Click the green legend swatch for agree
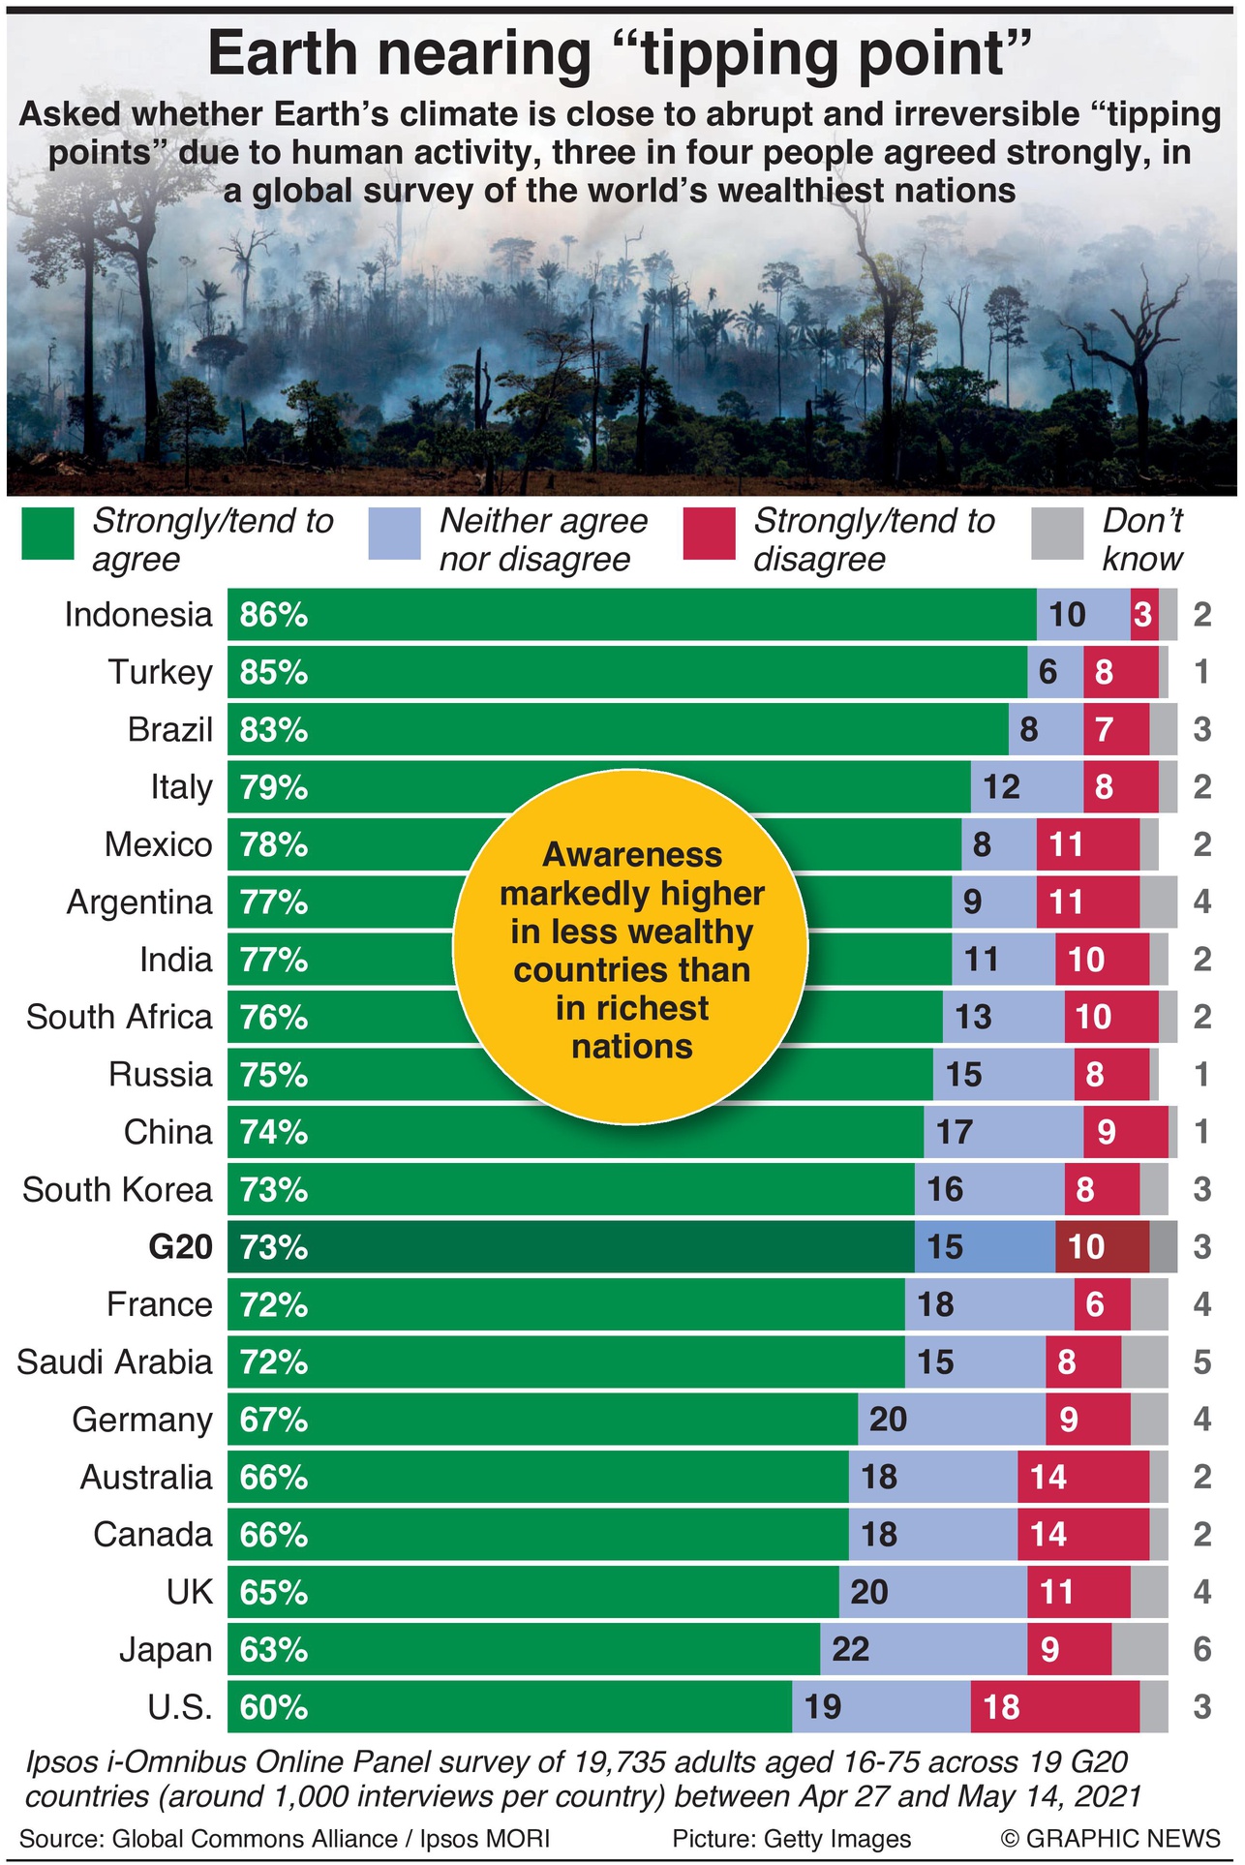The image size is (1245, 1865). [47, 535]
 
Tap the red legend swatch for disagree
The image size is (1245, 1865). [709, 535]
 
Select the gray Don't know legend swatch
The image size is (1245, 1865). [1057, 535]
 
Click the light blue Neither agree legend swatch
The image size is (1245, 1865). [395, 535]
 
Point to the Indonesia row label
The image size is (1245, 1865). [138, 614]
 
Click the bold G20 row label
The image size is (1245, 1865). [181, 1246]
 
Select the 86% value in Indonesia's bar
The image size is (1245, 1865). [274, 614]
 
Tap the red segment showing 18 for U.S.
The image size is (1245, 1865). [1054, 1706]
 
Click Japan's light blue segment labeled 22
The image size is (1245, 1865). [923, 1649]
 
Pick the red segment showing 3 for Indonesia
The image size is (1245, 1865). [1143, 614]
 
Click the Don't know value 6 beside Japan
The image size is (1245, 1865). [1201, 1649]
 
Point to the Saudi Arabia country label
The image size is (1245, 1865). [114, 1361]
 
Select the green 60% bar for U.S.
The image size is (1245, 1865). [509, 1706]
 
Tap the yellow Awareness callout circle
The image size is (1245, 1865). [631, 949]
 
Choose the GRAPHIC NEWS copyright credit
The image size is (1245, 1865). [1110, 1838]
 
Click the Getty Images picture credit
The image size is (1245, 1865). [792, 1838]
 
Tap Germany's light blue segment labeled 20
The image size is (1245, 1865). [951, 1419]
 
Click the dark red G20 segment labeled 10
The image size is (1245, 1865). [1102, 1246]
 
